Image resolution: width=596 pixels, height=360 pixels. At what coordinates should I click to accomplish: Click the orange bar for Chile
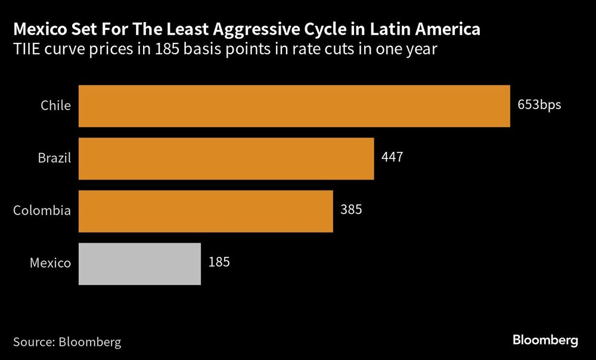294,106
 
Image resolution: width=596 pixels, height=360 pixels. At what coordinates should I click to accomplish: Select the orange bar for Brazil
226,159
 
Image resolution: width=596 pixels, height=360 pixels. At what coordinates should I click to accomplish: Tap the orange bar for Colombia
206,211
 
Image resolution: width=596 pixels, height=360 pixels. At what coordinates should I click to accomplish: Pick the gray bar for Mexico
139,263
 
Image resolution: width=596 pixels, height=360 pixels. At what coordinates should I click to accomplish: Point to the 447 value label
392,158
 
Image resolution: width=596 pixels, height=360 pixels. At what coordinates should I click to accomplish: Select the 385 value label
351,210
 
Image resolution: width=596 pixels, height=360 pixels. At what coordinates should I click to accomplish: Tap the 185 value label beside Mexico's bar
219,262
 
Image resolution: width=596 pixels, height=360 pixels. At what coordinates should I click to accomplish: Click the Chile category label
55,106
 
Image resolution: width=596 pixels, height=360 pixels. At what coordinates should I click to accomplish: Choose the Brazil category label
54,159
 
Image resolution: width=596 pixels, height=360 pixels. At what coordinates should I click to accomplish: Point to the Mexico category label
51,263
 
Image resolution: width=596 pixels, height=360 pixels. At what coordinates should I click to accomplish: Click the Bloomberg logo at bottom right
545,340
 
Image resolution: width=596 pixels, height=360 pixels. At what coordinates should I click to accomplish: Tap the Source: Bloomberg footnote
67,342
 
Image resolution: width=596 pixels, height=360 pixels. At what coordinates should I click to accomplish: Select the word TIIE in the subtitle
27,49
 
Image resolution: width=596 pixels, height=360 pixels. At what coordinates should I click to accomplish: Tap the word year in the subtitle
423,51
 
